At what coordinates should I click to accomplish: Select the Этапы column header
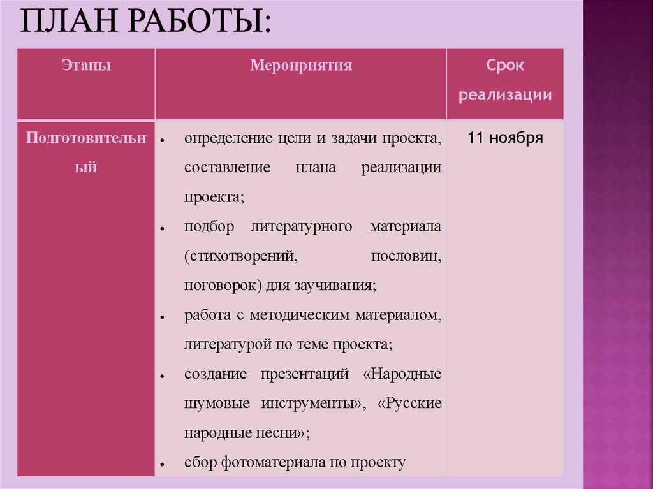click(x=86, y=65)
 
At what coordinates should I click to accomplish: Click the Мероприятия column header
click(x=301, y=65)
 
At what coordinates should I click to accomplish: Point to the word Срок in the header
click(x=505, y=66)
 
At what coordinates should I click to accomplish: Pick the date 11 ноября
click(x=505, y=138)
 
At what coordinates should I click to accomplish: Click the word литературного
click(x=302, y=228)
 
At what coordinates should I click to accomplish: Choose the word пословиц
click(x=406, y=257)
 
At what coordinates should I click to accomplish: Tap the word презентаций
click(x=305, y=374)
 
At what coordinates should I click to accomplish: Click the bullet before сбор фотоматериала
click(x=164, y=464)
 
